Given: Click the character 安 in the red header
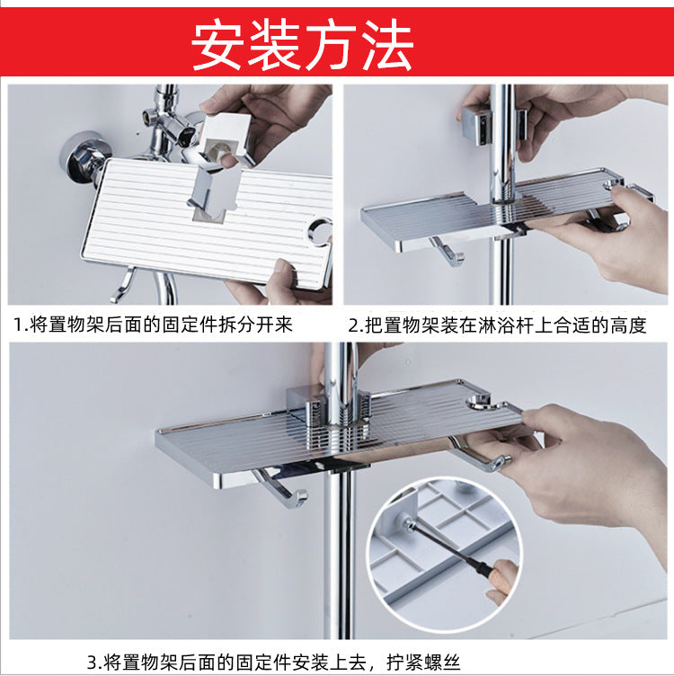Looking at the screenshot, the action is coord(217,45).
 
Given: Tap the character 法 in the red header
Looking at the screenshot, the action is coord(387,45).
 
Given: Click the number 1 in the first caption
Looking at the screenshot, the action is coord(18,325).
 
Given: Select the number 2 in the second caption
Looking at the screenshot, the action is coord(353,325).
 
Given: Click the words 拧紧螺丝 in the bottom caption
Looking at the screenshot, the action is coord(423,662).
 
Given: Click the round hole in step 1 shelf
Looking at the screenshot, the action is coord(320,231).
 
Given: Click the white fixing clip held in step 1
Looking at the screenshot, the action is coord(225,140).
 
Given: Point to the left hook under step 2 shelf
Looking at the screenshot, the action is coord(447,252).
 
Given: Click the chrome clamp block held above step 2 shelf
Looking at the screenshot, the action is coord(477,127).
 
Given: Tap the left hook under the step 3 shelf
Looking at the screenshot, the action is coord(280,488).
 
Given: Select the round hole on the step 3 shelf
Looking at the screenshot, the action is coord(478,402).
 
